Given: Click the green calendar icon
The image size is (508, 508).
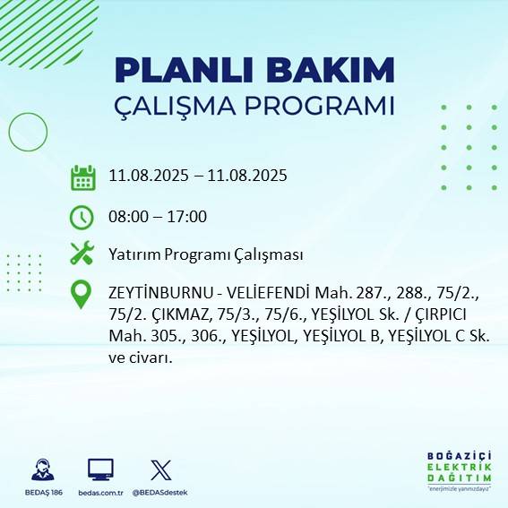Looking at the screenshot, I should tap(82, 177).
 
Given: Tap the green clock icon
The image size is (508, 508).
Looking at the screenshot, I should tap(82, 217).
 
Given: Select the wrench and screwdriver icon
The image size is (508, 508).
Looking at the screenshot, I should tap(82, 254).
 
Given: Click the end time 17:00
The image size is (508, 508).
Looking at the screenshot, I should tap(188, 217).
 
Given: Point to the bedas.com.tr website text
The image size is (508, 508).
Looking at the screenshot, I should tap(101, 493).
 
